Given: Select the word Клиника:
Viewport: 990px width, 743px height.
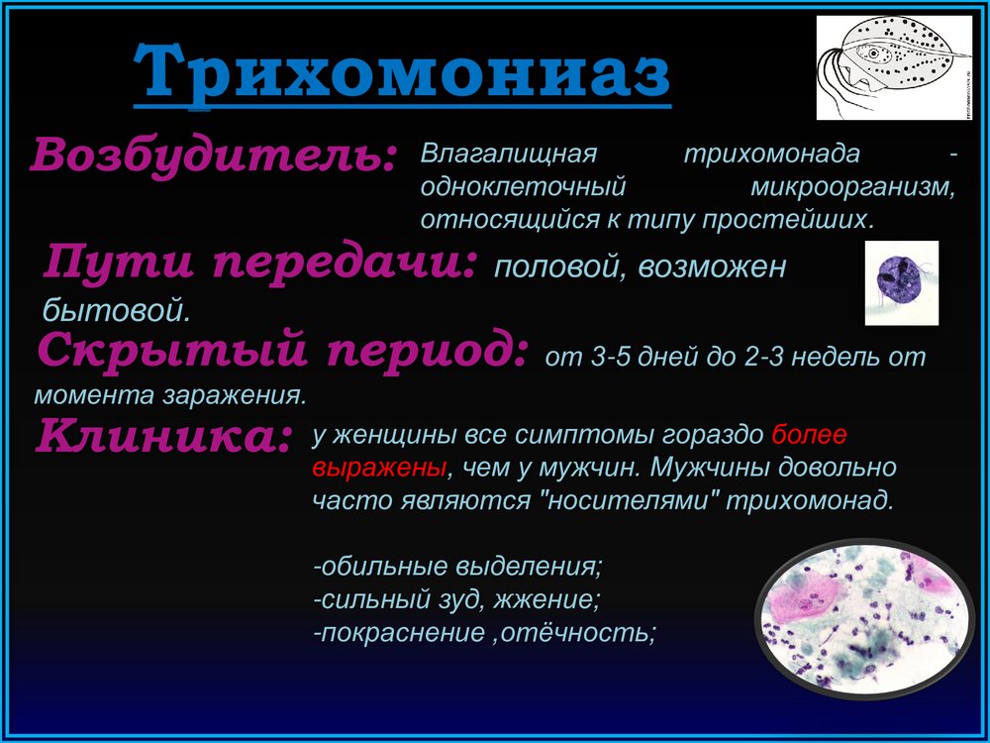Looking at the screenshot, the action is (164, 437).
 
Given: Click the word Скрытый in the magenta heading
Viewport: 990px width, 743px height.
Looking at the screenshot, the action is (171, 352).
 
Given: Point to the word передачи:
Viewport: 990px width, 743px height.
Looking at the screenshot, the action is (344, 263).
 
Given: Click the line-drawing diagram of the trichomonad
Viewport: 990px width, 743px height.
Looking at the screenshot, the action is (894, 67).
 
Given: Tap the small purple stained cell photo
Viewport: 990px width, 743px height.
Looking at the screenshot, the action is (901, 282).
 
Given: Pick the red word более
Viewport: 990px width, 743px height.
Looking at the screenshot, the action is (809, 435).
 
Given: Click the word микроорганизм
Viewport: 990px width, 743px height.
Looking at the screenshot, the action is (853, 187).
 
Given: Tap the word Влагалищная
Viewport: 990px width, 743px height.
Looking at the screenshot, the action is (508, 154).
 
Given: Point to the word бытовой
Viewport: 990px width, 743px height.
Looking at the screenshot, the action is (116, 310).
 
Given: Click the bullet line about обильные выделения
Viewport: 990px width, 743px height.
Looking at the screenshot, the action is (458, 566).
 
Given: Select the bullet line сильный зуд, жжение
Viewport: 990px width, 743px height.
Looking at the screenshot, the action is (456, 598).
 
